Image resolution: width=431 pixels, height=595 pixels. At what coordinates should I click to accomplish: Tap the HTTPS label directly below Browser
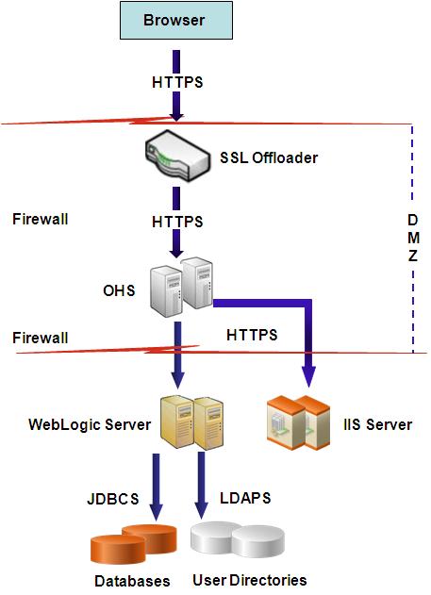pyautogui.click(x=177, y=82)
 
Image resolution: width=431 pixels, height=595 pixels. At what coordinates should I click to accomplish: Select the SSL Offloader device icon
pyautogui.click(x=177, y=157)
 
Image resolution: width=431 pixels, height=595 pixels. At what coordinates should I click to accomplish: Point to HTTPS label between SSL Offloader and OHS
pyautogui.click(x=177, y=222)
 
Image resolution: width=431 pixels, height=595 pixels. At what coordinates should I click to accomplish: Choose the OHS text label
pyautogui.click(x=119, y=289)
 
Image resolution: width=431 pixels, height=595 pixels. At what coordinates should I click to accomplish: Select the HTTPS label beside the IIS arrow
pyautogui.click(x=252, y=335)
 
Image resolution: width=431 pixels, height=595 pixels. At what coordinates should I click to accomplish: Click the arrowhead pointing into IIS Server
pyautogui.click(x=307, y=377)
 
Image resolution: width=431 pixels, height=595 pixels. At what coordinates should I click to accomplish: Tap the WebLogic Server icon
pyautogui.click(x=191, y=421)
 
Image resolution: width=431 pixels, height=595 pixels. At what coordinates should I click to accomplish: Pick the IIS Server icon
pyautogui.click(x=299, y=421)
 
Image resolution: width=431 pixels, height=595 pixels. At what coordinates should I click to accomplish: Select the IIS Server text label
pyautogui.click(x=376, y=424)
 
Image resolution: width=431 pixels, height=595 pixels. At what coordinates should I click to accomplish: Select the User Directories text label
pyautogui.click(x=249, y=580)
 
